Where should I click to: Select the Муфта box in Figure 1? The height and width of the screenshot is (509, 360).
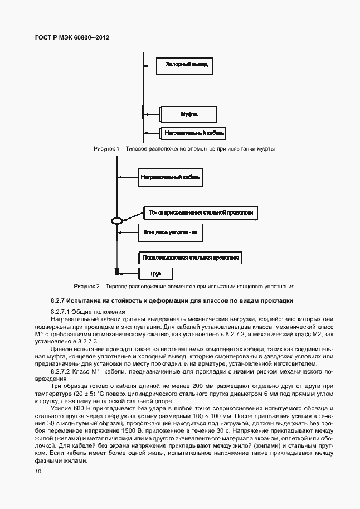[x=189, y=114]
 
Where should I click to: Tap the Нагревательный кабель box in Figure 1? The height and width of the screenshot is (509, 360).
[x=193, y=133]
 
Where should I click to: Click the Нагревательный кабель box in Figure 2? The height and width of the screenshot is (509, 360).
[x=171, y=178]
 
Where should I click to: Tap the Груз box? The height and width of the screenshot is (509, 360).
[x=155, y=274]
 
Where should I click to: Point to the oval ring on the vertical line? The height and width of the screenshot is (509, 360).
[x=116, y=221]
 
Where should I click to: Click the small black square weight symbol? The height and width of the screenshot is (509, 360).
[x=117, y=272]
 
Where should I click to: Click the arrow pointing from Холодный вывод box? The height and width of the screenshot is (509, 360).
[x=150, y=66]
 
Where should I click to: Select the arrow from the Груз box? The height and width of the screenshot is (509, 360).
[x=129, y=273]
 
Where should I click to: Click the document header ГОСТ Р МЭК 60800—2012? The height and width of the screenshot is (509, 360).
[x=72, y=37]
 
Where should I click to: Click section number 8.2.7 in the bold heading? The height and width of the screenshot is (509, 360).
[x=59, y=301]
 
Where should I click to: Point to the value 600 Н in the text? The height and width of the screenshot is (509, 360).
[x=76, y=408]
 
